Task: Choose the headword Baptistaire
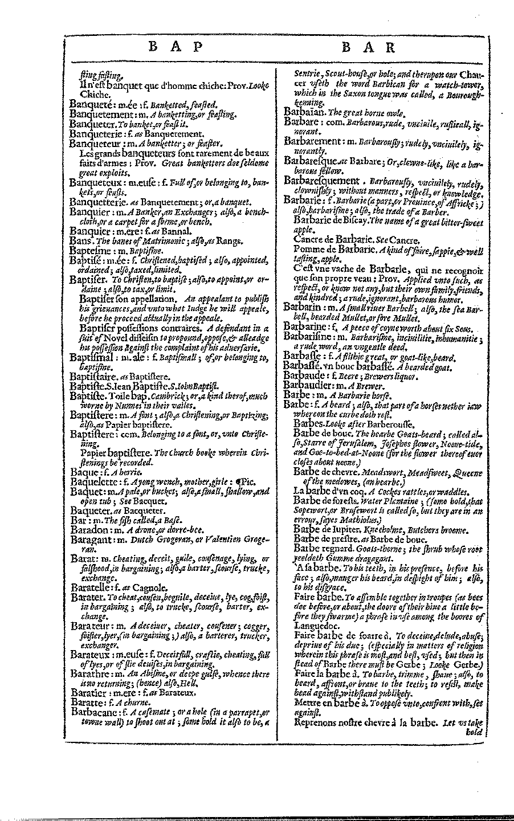click(93, 377)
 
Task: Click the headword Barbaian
click(303, 112)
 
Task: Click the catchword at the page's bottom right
click(474, 732)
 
